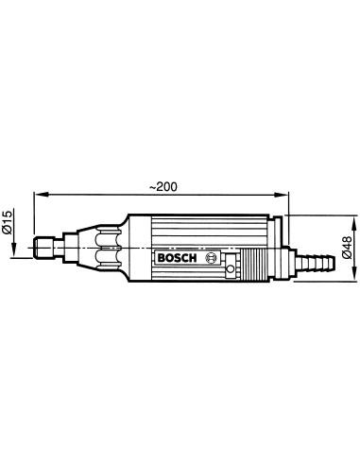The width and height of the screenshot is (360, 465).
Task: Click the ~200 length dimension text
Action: [x=163, y=187]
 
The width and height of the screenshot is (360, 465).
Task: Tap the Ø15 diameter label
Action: [x=7, y=222]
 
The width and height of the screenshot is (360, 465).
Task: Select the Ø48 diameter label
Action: [x=347, y=248]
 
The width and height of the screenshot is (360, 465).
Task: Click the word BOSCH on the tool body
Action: [x=177, y=258]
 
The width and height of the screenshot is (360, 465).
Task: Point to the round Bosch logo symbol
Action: [x=211, y=258]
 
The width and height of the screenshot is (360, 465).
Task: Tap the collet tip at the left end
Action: [x=44, y=248]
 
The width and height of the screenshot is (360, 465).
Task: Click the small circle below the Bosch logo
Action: [x=231, y=268]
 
